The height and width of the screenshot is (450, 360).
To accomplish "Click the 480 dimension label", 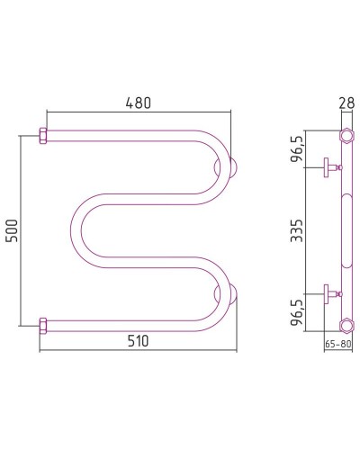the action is (138, 103).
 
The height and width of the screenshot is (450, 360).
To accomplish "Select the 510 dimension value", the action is (138, 341).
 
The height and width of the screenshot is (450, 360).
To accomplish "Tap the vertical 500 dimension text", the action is (13, 230).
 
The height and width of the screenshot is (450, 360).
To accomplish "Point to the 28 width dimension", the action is (346, 103).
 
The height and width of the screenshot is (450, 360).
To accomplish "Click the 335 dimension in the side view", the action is (297, 230).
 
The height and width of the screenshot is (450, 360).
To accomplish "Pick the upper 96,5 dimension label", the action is (297, 149).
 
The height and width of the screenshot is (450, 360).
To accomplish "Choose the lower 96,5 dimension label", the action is (297, 313).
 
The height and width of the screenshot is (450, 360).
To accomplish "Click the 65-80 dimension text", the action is (338, 344).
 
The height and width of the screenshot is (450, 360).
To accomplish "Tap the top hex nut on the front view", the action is (43, 136).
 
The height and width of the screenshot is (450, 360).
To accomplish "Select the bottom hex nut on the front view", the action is (43, 326).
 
